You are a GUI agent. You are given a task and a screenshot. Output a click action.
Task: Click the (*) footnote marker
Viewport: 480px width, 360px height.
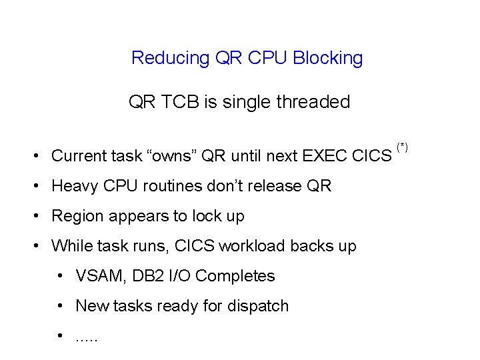(x=402, y=146)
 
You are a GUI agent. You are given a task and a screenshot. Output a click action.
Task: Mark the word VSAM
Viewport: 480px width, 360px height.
(x=97, y=276)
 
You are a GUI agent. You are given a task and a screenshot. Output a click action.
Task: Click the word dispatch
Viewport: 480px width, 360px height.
(x=257, y=306)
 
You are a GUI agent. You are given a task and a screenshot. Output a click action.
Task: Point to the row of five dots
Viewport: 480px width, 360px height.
(x=87, y=339)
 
